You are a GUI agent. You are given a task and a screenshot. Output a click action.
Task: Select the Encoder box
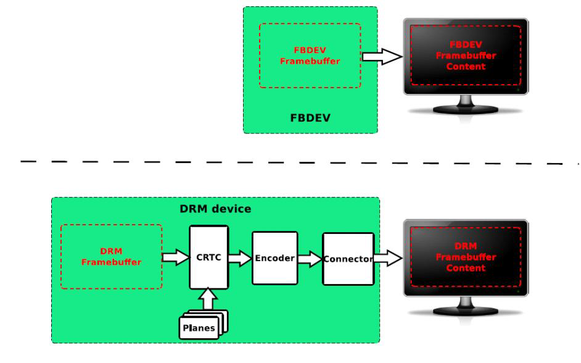[x=274, y=257]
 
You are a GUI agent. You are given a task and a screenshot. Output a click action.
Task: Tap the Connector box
[x=348, y=259]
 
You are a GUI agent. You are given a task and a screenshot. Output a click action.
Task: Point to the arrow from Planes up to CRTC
[x=208, y=300]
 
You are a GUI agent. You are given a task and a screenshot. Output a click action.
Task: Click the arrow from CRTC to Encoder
[x=240, y=258]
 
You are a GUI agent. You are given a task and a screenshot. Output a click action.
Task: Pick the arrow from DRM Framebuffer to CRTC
[x=175, y=257]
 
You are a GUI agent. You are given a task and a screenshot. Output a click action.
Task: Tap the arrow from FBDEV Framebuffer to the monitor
[x=380, y=57]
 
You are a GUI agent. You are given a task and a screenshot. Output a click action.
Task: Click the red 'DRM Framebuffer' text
[x=112, y=257]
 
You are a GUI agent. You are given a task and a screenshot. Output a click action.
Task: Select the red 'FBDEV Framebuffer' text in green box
[x=310, y=56]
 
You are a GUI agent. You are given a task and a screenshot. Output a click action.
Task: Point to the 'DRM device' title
[x=215, y=209]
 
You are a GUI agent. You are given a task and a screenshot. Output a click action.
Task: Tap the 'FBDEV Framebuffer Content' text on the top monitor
[x=466, y=56]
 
